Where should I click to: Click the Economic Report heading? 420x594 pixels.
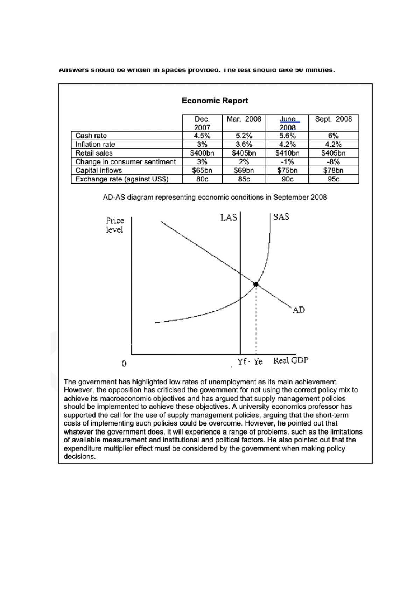(x=215, y=101)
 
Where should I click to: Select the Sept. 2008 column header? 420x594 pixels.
(x=333, y=119)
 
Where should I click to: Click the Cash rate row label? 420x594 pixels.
(x=91, y=136)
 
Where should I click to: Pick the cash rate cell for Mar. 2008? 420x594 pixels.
(x=244, y=136)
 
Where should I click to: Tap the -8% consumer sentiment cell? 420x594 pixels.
(x=333, y=162)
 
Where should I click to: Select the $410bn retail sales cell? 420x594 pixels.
(x=287, y=153)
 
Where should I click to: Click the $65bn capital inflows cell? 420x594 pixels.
(x=202, y=171)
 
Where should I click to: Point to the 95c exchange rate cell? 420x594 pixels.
(x=333, y=179)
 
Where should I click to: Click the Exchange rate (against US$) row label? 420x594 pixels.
(x=122, y=179)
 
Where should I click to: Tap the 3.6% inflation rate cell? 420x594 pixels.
(x=244, y=144)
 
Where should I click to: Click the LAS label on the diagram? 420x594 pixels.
(x=228, y=218)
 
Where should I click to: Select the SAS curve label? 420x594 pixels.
(x=281, y=217)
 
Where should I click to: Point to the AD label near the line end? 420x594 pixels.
(x=299, y=310)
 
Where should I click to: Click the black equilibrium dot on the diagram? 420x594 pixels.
(x=256, y=284)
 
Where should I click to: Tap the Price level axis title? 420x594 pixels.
(x=115, y=225)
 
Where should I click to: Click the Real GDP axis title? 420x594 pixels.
(x=290, y=360)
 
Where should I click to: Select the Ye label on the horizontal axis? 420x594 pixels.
(x=258, y=362)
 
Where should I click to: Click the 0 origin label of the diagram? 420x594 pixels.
(x=124, y=364)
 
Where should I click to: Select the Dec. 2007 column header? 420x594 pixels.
(x=202, y=123)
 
